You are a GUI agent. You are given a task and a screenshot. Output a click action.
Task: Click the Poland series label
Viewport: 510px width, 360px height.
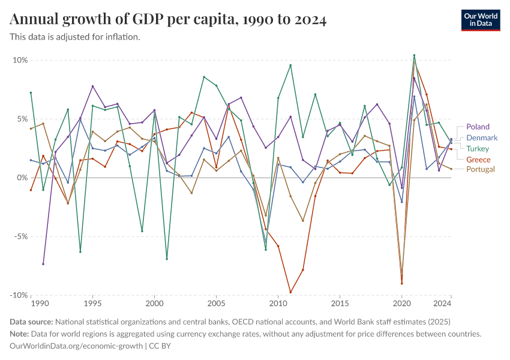tap(478, 127)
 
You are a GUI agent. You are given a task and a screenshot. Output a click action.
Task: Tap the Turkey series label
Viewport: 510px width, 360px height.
tap(478, 149)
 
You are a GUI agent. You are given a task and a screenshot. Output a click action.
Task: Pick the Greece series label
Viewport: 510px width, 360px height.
tap(478, 160)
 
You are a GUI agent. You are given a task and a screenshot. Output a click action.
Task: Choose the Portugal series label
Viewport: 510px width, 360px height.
tap(481, 169)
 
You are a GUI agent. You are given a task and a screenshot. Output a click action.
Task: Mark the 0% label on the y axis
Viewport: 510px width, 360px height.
tap(22, 178)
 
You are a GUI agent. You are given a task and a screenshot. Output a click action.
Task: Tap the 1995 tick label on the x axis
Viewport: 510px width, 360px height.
tap(92, 304)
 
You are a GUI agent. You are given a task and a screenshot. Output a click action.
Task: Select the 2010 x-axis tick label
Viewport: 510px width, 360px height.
tap(278, 304)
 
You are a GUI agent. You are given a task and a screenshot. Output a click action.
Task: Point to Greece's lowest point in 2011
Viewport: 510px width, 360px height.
tap(290, 292)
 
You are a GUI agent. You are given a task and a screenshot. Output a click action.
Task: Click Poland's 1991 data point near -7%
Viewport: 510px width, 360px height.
tap(43, 264)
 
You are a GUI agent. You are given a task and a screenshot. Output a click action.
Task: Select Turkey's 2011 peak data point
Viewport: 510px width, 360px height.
tap(290, 65)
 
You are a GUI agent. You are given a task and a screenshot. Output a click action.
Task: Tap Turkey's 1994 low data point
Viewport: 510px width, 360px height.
tap(80, 252)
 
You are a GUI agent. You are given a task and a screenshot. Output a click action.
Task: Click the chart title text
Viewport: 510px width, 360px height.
tap(169, 20)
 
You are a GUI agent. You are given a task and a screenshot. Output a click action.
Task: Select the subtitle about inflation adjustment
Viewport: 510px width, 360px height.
tap(75, 37)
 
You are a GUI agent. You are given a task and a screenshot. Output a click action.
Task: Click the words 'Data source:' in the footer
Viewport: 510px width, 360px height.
tap(31, 322)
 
